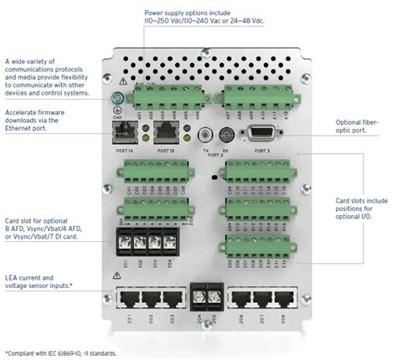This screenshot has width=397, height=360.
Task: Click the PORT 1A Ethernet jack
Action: [x=126, y=132]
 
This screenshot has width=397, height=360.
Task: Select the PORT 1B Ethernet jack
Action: [x=164, y=132]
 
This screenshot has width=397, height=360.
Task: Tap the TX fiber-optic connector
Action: [x=204, y=133]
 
